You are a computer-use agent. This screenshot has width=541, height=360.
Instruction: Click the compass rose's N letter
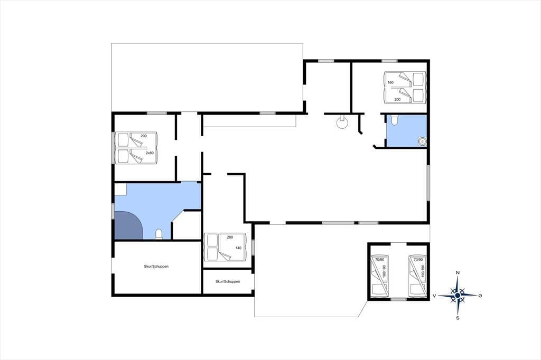click(x=458, y=273)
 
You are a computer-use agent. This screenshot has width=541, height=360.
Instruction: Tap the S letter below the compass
click(x=458, y=318)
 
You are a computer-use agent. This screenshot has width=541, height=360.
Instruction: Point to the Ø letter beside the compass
click(x=480, y=296)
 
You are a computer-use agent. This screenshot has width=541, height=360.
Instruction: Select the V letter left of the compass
click(x=434, y=296)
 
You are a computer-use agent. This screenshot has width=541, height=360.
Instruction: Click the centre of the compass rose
click(x=458, y=296)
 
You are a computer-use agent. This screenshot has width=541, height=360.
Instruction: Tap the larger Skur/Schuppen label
click(x=156, y=267)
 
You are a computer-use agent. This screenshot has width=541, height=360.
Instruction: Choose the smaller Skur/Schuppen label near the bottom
click(x=228, y=281)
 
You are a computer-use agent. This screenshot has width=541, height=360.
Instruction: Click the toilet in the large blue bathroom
click(x=159, y=234)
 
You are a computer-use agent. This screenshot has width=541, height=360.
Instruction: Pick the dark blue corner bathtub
click(x=128, y=225)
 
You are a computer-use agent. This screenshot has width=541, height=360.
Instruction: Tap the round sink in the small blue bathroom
click(x=422, y=141)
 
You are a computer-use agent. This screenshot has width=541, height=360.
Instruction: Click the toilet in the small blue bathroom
click(x=395, y=120)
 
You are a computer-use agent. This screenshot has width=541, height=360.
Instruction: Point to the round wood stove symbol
click(x=342, y=122)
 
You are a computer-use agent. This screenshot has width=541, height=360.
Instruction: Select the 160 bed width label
click(x=390, y=82)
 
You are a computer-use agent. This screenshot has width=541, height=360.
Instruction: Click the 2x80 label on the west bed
click(x=150, y=153)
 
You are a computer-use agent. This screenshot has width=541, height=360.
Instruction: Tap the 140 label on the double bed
click(x=238, y=248)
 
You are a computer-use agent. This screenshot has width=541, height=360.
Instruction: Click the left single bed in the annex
click(x=379, y=276)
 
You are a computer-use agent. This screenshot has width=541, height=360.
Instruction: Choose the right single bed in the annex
click(x=417, y=276)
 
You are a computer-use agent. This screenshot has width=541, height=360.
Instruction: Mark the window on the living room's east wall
click(x=428, y=183)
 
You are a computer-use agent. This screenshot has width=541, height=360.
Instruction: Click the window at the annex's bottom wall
click(x=398, y=299)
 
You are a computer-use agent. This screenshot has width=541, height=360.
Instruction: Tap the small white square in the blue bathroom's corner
click(x=120, y=190)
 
